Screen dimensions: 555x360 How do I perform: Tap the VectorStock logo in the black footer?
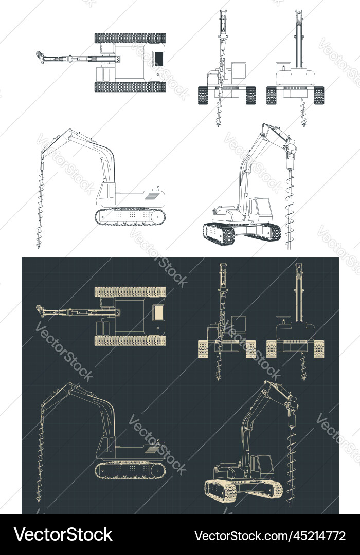click(x=63, y=535)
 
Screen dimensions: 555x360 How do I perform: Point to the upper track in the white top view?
click(x=130, y=38)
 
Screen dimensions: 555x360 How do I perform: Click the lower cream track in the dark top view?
click(x=130, y=340)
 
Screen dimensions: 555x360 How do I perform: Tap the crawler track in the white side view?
click(x=131, y=216)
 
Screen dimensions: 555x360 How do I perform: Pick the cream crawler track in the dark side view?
click(x=131, y=470)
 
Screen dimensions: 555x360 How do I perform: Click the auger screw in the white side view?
click(x=40, y=206)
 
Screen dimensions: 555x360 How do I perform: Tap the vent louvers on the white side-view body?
click(x=152, y=196)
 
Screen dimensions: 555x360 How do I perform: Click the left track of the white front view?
click(x=204, y=95)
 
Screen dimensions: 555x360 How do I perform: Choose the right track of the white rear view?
click(x=319, y=95)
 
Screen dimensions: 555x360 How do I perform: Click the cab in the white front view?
click(x=239, y=72)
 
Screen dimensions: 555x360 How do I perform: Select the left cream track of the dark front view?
click(x=204, y=349)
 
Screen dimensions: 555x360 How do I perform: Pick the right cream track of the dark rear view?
click(x=319, y=349)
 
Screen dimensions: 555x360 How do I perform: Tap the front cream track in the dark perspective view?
click(x=220, y=491)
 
